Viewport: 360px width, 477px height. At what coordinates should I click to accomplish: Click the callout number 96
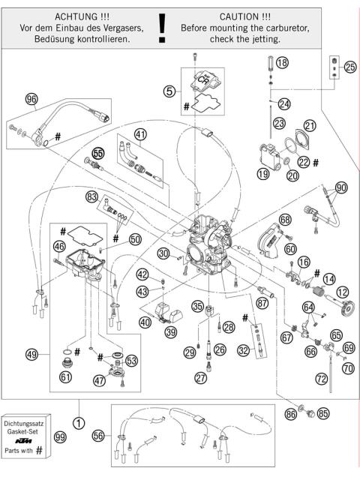point(31,98)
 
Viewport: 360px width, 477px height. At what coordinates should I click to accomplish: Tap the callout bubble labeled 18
point(282,64)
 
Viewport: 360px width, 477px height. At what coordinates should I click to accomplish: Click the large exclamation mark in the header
point(163,25)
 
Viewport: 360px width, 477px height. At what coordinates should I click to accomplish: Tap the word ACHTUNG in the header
point(67,14)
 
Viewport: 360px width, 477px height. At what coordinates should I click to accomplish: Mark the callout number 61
point(65,376)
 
